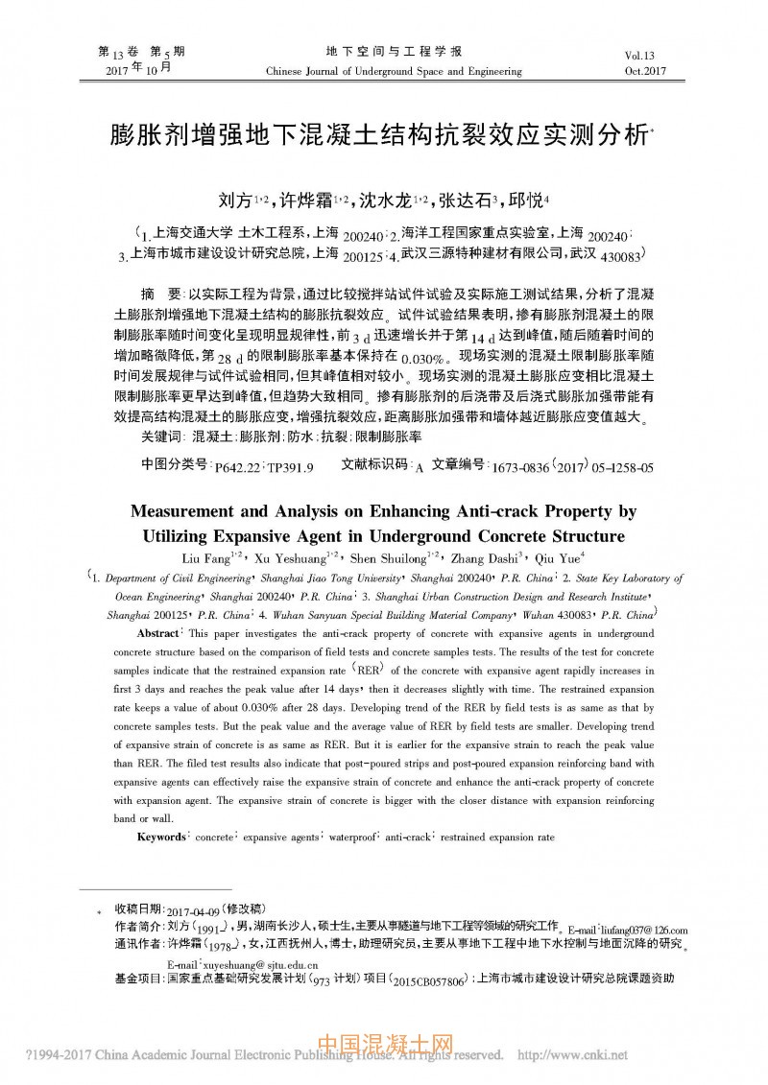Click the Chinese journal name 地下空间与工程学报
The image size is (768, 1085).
(393, 51)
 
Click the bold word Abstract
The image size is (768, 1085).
(158, 634)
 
